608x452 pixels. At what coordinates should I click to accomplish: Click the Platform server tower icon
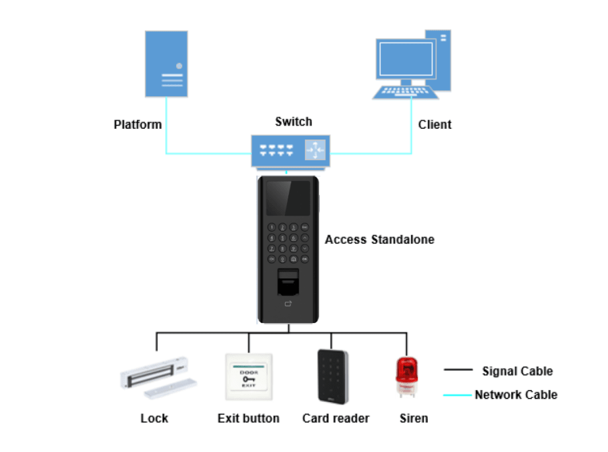(x=166, y=64)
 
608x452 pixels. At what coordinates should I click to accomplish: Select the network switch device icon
(x=291, y=151)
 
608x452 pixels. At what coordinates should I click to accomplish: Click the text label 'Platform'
(x=137, y=125)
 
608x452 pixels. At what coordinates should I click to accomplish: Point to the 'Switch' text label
(x=293, y=122)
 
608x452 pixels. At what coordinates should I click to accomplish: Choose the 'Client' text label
(x=434, y=125)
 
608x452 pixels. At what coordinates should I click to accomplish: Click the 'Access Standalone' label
(x=379, y=240)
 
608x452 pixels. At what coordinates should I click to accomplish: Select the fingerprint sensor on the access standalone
(x=288, y=282)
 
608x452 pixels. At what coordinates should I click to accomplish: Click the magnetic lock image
(x=157, y=379)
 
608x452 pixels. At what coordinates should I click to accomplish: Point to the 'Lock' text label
(x=154, y=419)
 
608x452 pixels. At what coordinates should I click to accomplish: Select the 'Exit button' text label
(x=248, y=419)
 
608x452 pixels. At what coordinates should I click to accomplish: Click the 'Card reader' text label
(x=336, y=419)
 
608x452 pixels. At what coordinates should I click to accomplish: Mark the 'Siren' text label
(x=413, y=419)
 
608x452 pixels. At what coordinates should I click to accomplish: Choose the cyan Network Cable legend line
(x=457, y=395)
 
